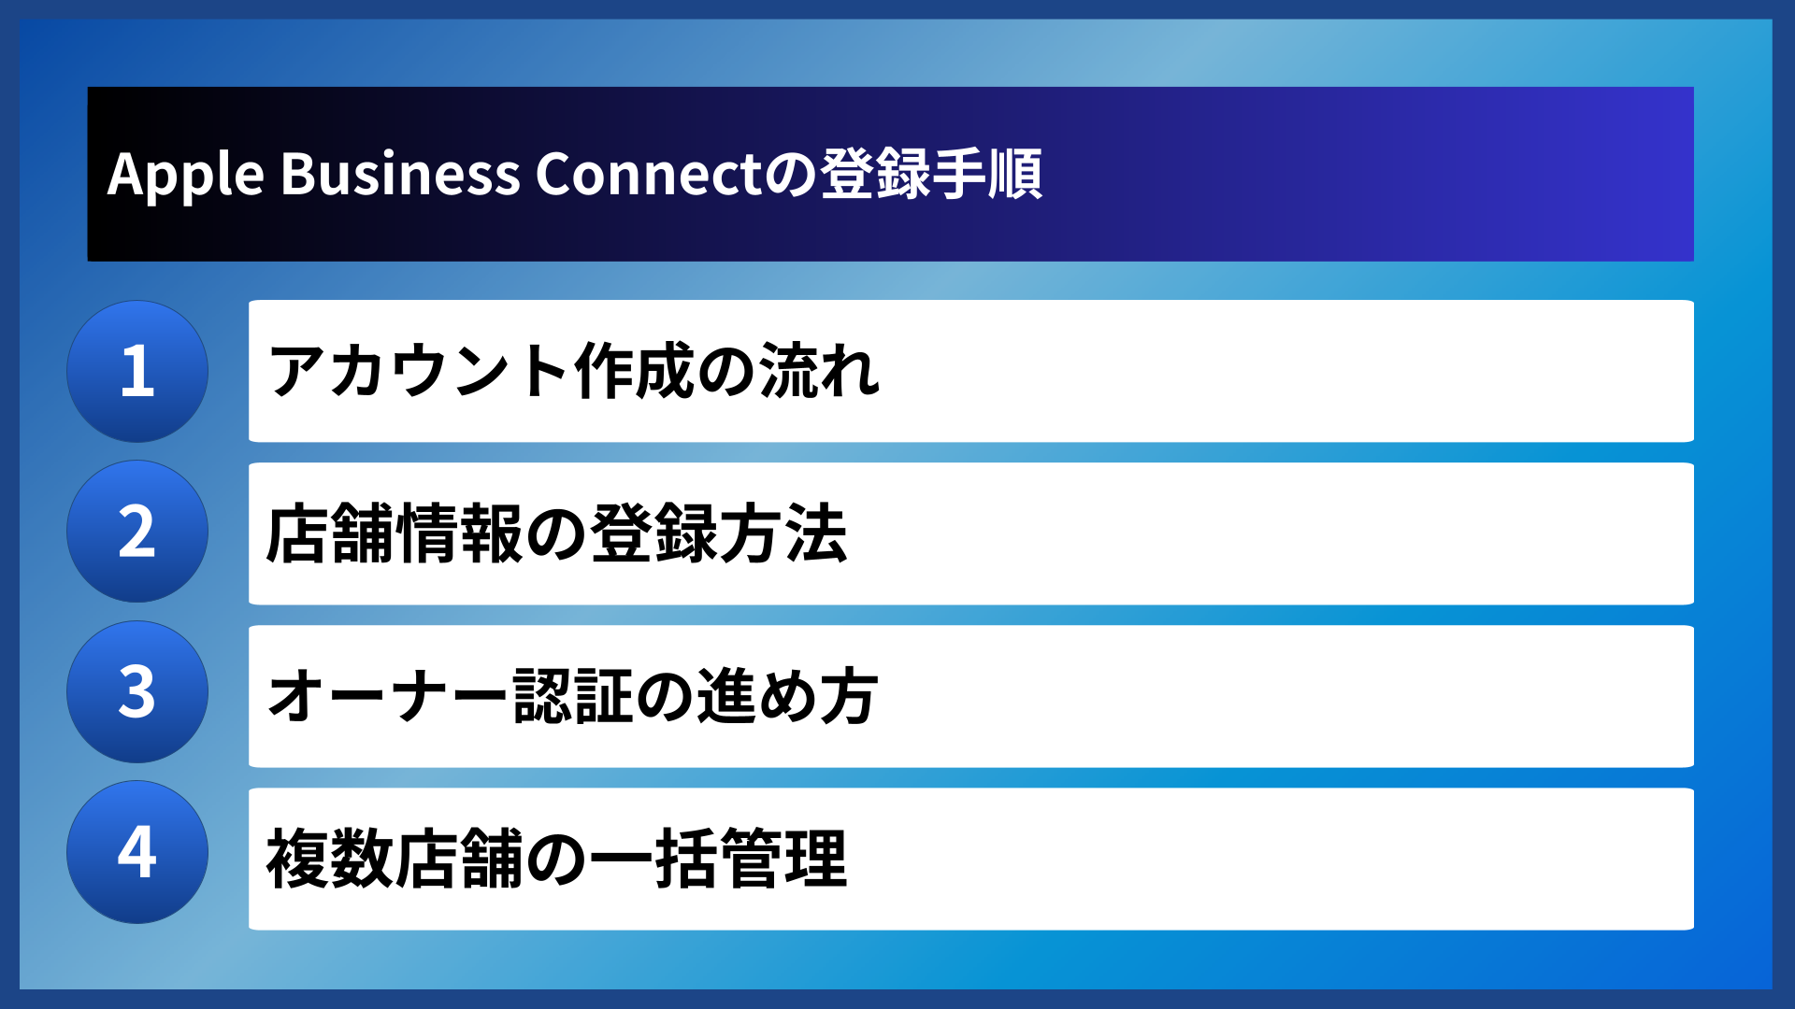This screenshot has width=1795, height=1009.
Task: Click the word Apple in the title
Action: (x=186, y=175)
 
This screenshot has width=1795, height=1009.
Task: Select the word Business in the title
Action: (x=400, y=175)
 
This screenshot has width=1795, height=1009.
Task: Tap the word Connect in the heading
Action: (x=649, y=175)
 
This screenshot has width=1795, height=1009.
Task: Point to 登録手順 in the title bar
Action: (x=931, y=175)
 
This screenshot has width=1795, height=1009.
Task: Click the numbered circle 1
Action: (x=137, y=371)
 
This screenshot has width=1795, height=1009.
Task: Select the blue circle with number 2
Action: (x=137, y=532)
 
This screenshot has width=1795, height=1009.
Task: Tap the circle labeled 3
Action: (x=137, y=692)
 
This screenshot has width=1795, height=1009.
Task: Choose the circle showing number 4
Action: (x=137, y=852)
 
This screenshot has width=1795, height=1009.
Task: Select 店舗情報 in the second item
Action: (x=395, y=533)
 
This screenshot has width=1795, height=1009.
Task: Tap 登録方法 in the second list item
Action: (x=719, y=533)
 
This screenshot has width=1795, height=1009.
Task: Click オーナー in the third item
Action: (x=388, y=696)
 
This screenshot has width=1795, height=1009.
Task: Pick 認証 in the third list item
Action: (x=574, y=696)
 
